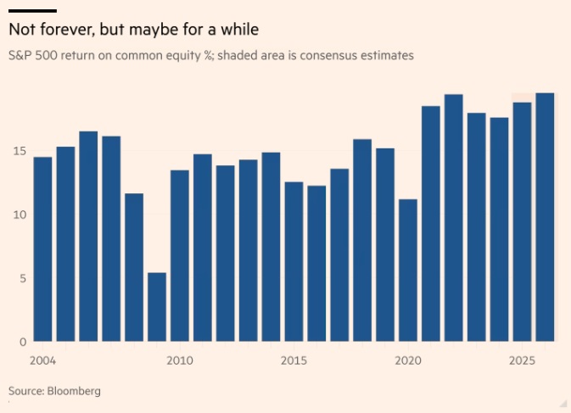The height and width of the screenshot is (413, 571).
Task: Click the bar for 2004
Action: [42, 249]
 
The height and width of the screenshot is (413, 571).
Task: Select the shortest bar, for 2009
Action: [157, 307]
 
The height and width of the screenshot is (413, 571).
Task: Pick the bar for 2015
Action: [294, 262]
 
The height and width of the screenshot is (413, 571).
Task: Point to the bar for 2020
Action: [408, 271]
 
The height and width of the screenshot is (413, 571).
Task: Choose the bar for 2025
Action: [522, 222]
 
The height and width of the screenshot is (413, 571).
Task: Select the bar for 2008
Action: [134, 267]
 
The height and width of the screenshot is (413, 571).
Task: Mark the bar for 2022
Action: [454, 218]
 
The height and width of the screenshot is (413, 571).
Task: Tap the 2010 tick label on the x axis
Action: [180, 361]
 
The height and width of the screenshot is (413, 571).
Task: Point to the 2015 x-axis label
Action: [294, 361]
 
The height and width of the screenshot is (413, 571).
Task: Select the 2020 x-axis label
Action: [408, 361]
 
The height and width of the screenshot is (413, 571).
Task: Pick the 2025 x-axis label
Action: [522, 361]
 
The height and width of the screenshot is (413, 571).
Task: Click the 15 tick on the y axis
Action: [19, 152]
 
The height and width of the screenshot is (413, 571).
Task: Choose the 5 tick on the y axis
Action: [22, 279]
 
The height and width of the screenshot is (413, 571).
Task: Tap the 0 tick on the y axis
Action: [22, 342]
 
